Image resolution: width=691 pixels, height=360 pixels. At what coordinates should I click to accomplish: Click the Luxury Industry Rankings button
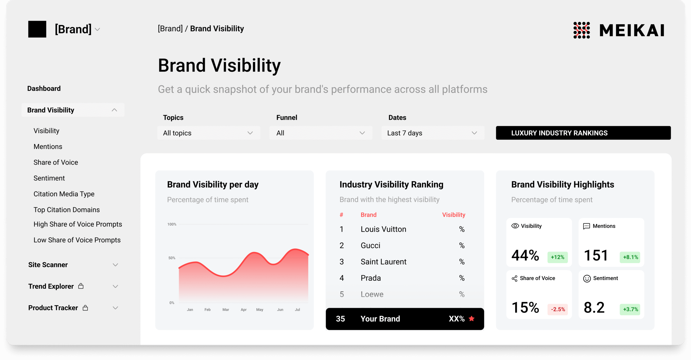pyautogui.click(x=583, y=133)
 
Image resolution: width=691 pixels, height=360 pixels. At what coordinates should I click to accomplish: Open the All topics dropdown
pyautogui.click(x=209, y=133)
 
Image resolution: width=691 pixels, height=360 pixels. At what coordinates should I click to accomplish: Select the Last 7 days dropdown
pyautogui.click(x=433, y=133)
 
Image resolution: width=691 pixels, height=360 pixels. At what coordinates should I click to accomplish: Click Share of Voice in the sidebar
pyautogui.click(x=56, y=162)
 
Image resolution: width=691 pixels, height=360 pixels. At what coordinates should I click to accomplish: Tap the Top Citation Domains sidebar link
pyautogui.click(x=66, y=210)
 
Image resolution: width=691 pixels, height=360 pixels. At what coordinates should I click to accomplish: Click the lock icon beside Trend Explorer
pyautogui.click(x=81, y=286)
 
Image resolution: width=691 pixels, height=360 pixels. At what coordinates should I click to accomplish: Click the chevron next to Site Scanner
pyautogui.click(x=115, y=265)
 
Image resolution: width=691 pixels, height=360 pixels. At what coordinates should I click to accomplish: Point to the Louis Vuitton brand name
pyautogui.click(x=383, y=229)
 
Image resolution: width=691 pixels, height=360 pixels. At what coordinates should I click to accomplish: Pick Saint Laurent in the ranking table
pyautogui.click(x=384, y=262)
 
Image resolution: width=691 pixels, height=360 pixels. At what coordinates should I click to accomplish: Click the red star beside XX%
pyautogui.click(x=472, y=319)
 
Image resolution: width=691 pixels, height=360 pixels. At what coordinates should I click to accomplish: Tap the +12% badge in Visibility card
pyautogui.click(x=557, y=257)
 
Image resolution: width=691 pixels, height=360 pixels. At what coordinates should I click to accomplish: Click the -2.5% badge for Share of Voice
pyautogui.click(x=558, y=309)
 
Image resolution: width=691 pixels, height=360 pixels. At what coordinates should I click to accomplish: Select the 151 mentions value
pyautogui.click(x=596, y=255)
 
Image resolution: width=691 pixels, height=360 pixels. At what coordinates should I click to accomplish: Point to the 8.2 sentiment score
pyautogui.click(x=594, y=308)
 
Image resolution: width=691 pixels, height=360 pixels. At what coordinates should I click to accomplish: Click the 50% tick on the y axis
pyautogui.click(x=172, y=258)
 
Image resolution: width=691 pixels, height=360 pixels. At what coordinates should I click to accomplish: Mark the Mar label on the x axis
pyautogui.click(x=226, y=309)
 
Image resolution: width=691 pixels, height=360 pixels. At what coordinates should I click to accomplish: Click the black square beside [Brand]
pyautogui.click(x=37, y=29)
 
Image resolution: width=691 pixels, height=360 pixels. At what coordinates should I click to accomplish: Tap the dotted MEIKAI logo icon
pyautogui.click(x=582, y=30)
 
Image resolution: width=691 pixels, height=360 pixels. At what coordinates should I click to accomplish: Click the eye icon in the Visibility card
pyautogui.click(x=515, y=226)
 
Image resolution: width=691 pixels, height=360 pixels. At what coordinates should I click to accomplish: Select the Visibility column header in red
pyautogui.click(x=453, y=215)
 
